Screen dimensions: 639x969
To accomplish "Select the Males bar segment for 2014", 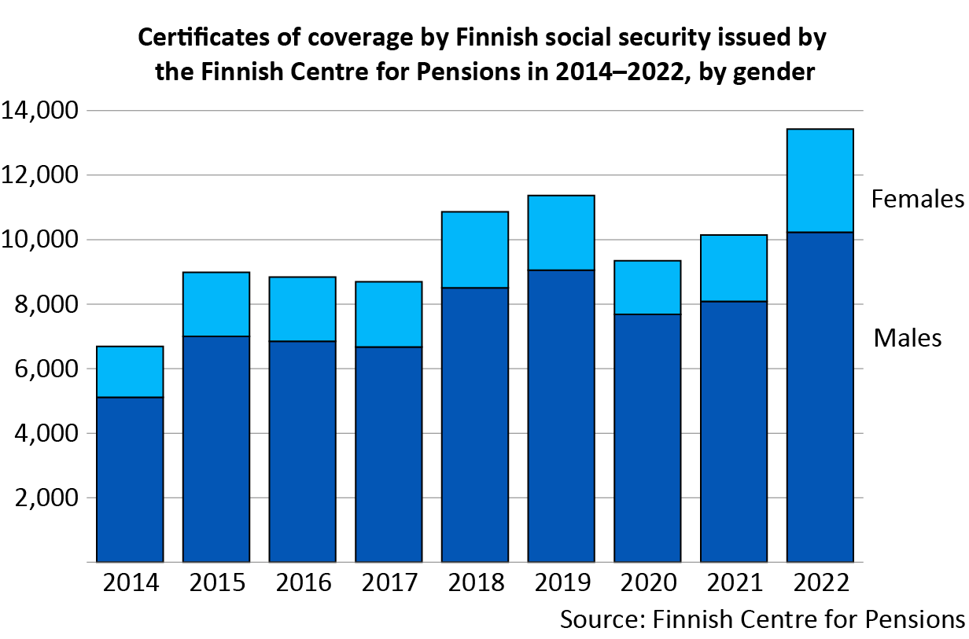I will pos(130,479).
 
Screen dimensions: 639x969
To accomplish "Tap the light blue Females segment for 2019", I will pos(561,233).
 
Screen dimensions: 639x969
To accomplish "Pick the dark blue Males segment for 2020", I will pos(647,438).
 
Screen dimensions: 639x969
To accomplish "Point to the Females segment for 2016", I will pos(303,309).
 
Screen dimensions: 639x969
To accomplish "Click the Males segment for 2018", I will pos(475,424).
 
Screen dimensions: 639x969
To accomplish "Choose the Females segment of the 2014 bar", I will pos(130,372).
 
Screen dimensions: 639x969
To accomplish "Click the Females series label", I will pos(917,200).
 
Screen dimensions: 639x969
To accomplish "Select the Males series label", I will pos(907,339).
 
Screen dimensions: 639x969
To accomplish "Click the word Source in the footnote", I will pos(599,619).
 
